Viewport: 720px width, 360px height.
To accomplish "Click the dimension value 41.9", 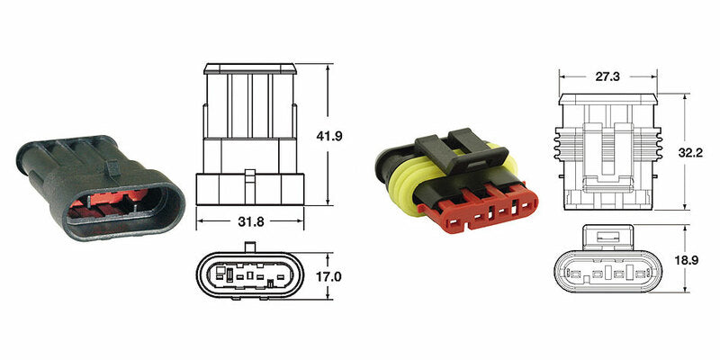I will click(x=331, y=137).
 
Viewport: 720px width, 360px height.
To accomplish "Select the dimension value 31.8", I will click(x=249, y=220).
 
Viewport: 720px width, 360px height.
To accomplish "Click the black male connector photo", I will click(x=99, y=180).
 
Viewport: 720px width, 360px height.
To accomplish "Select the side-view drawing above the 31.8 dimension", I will click(x=249, y=135).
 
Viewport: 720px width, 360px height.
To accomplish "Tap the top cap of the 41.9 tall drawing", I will click(x=249, y=67).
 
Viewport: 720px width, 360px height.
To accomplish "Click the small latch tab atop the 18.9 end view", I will click(x=609, y=236).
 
